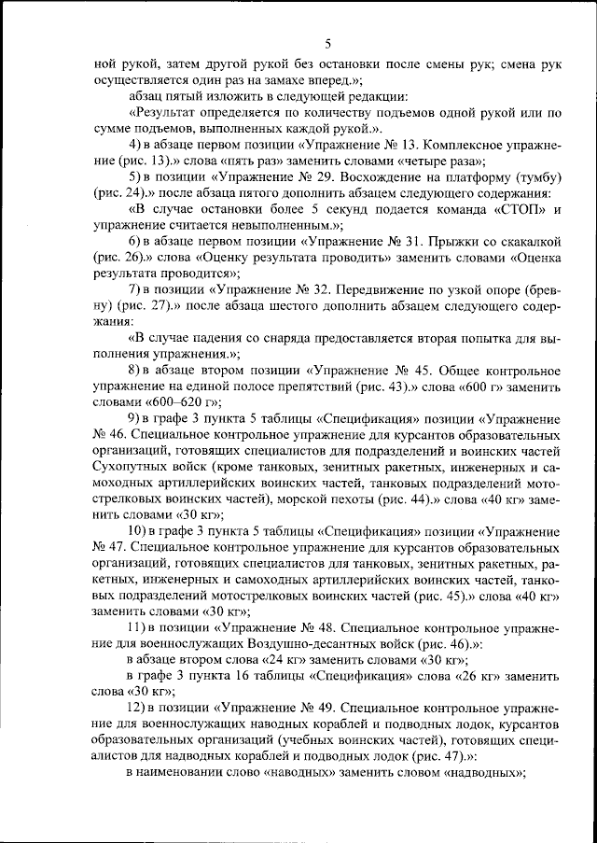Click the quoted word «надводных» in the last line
tap(482, 773)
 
